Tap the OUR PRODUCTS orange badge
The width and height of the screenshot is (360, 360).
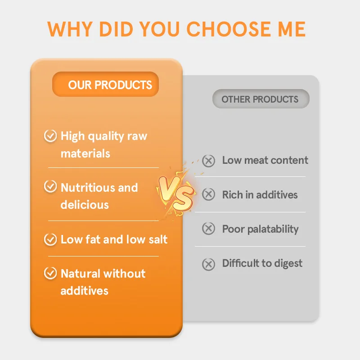click(x=106, y=85)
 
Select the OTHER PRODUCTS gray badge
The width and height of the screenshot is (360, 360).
click(x=261, y=99)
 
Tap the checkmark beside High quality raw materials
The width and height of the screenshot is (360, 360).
click(x=50, y=136)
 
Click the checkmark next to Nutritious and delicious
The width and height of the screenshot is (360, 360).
click(x=50, y=187)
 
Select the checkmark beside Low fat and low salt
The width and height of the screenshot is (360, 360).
click(x=50, y=239)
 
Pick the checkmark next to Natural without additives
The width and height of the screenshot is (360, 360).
click(x=50, y=273)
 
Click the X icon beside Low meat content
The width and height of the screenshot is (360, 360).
click(x=208, y=161)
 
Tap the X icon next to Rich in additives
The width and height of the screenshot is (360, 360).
click(x=208, y=194)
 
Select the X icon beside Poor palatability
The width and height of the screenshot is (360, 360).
click(x=208, y=229)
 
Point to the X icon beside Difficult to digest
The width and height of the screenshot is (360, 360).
click(x=208, y=264)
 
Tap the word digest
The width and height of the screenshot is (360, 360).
click(x=287, y=264)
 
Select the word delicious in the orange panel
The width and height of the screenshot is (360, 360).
click(x=85, y=205)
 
